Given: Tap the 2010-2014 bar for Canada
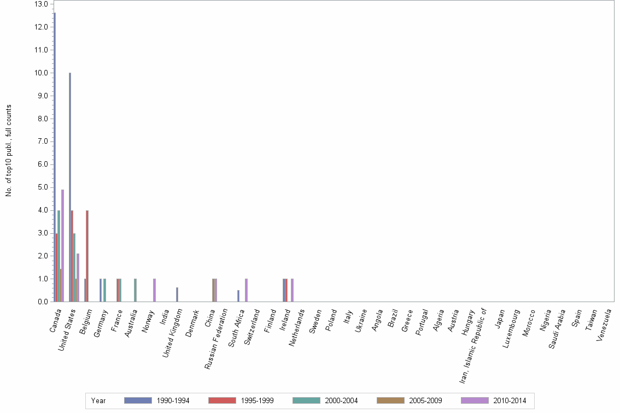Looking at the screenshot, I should [x=62, y=245].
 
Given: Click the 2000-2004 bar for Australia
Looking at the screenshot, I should [x=135, y=290].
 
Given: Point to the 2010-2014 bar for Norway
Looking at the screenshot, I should [x=154, y=290].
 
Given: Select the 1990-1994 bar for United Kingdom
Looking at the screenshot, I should [x=177, y=294].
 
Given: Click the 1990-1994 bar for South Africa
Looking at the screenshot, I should [x=238, y=296].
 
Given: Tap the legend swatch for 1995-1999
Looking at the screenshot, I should [x=222, y=401].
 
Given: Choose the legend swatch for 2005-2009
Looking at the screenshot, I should [x=390, y=401].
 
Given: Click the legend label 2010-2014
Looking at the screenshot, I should [x=510, y=401].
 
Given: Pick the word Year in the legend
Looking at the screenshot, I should [x=99, y=401].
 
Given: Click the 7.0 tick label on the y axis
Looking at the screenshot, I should [x=41, y=141].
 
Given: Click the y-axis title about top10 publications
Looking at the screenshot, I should [x=9, y=150].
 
